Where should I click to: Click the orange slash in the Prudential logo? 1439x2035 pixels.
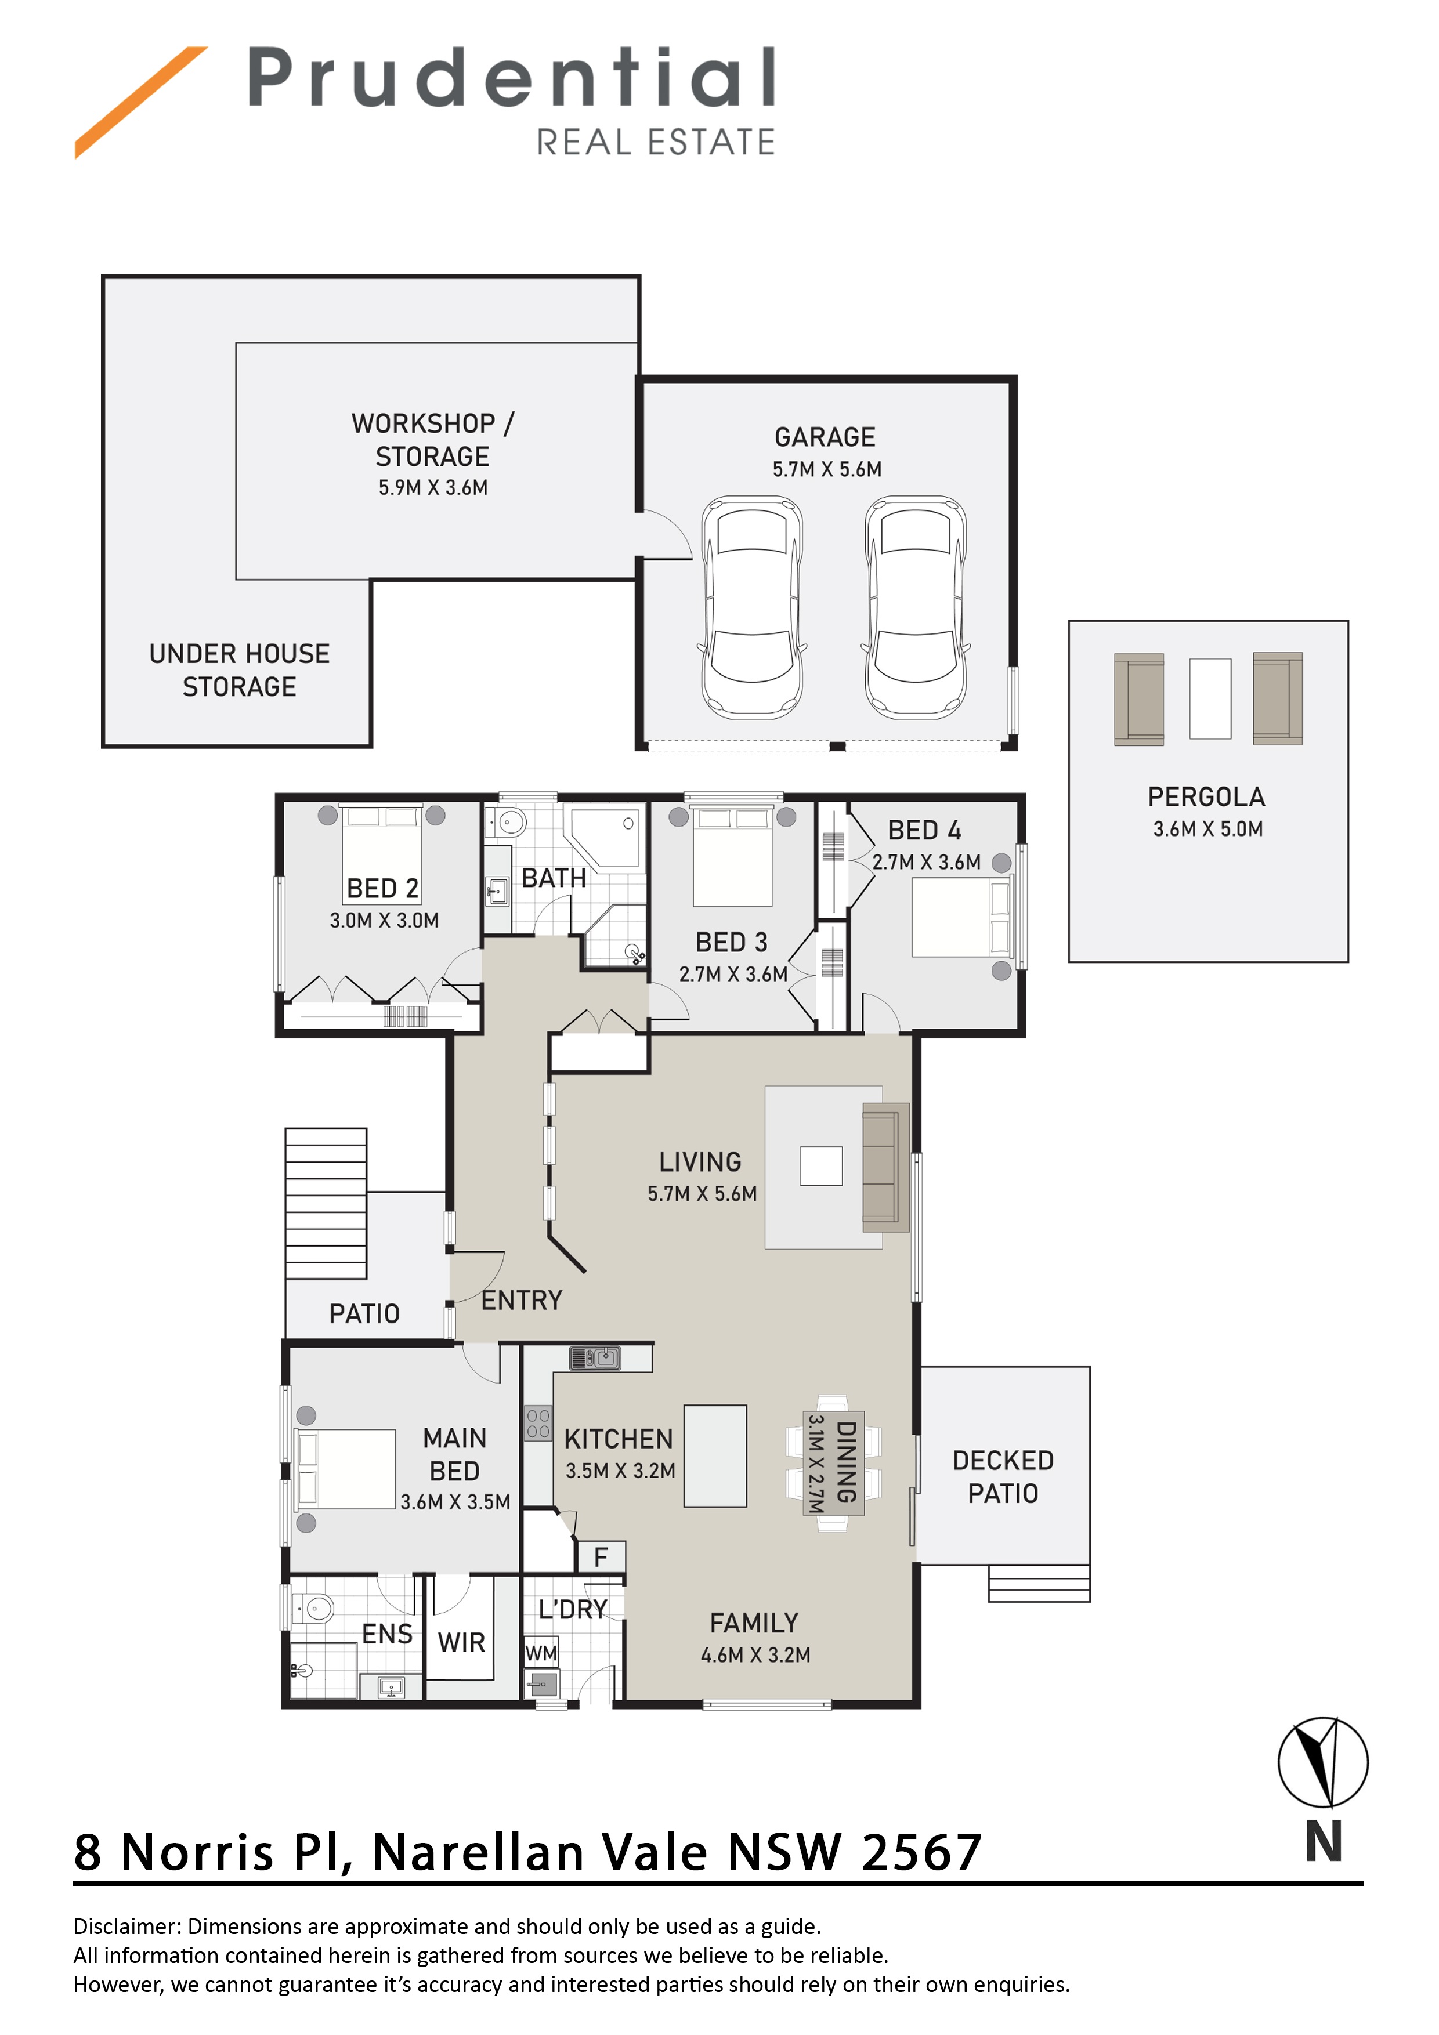(141, 102)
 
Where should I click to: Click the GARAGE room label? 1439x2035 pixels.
(825, 437)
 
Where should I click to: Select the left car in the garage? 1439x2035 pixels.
(752, 607)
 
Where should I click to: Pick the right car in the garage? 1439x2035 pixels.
(916, 607)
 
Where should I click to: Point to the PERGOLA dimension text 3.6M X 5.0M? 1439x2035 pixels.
(1207, 829)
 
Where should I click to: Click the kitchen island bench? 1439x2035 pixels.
(715, 1456)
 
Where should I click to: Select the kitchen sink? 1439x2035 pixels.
(595, 1358)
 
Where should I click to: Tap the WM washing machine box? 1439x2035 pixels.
(541, 1653)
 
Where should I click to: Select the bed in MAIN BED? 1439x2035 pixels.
(346, 1469)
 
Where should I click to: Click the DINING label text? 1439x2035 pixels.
(846, 1461)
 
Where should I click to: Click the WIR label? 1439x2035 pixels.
(461, 1642)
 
